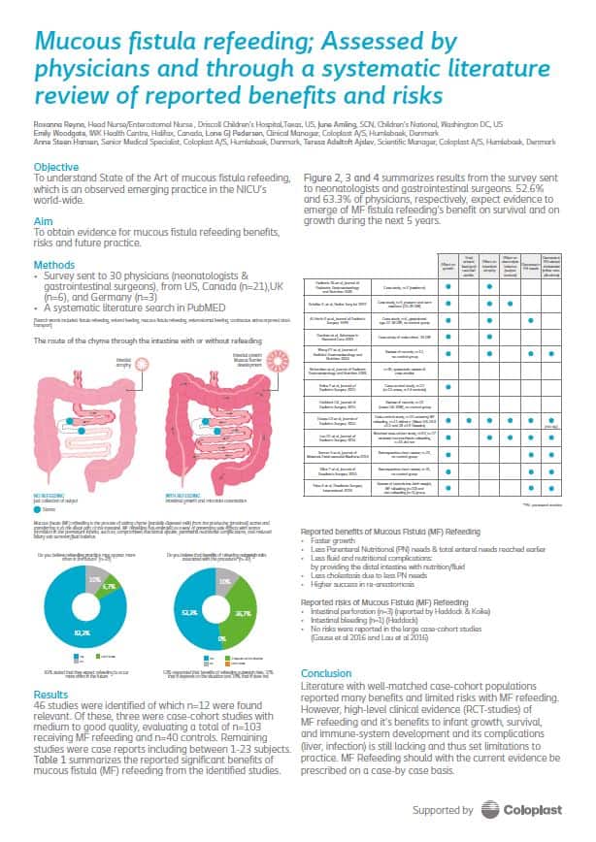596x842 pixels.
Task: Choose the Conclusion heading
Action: click(325, 646)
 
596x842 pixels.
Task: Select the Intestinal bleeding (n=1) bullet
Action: click(351, 600)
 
